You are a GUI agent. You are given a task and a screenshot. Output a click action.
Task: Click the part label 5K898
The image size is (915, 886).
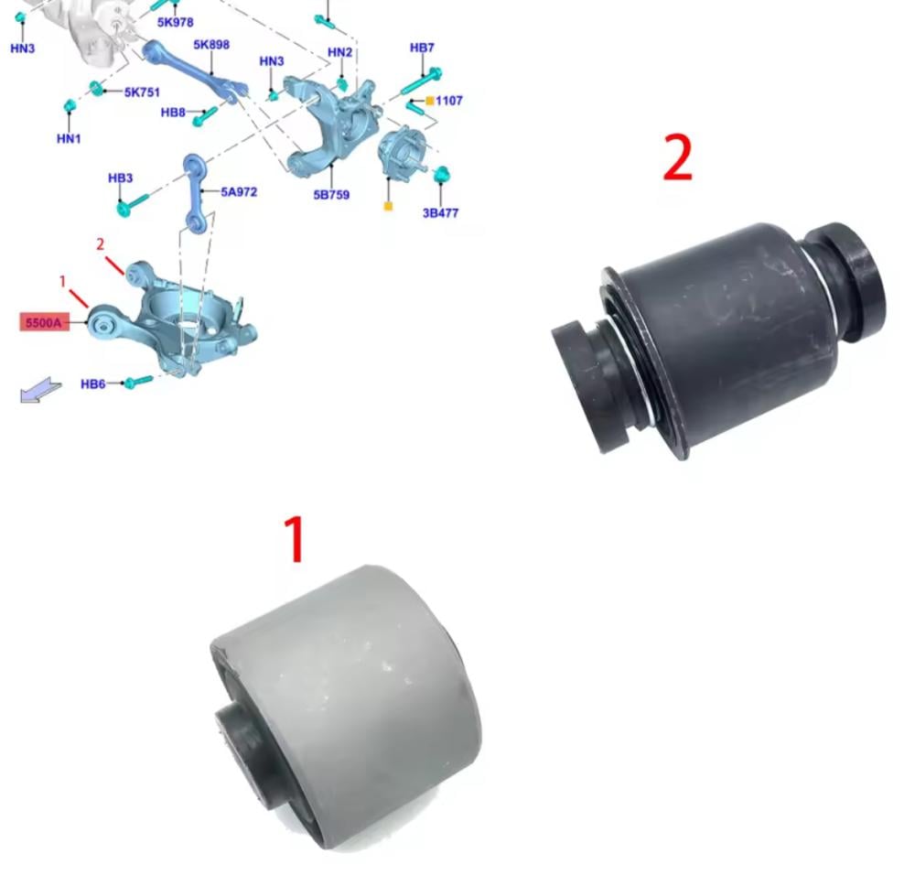click(211, 44)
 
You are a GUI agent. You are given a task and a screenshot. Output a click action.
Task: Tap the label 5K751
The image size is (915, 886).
click(142, 92)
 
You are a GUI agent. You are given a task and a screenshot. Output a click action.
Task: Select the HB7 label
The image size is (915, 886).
click(422, 48)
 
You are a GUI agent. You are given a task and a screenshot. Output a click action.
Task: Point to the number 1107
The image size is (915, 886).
click(448, 101)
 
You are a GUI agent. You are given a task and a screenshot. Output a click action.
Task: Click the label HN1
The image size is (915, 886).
click(69, 138)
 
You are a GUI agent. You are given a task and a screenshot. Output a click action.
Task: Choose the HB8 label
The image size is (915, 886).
click(173, 112)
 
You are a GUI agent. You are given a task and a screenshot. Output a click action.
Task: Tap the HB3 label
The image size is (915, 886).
click(120, 178)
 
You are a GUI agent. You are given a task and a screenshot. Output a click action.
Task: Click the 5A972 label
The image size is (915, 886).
click(239, 191)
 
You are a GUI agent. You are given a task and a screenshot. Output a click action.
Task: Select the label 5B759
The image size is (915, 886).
click(331, 194)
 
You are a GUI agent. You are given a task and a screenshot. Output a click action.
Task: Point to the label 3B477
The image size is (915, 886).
click(441, 213)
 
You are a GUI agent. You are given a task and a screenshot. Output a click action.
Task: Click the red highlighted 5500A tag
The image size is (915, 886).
click(44, 322)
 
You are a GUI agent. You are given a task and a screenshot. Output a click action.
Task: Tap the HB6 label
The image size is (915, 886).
click(92, 384)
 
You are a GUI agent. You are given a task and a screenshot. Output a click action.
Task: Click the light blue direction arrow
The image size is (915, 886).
click(40, 389)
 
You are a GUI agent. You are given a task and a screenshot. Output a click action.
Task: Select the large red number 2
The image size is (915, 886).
click(678, 157)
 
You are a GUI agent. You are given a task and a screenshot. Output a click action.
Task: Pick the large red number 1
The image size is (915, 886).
click(296, 539)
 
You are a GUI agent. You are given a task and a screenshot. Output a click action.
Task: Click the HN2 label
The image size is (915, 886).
click(339, 52)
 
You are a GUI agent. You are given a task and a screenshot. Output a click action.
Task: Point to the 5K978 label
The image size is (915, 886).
click(175, 22)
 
